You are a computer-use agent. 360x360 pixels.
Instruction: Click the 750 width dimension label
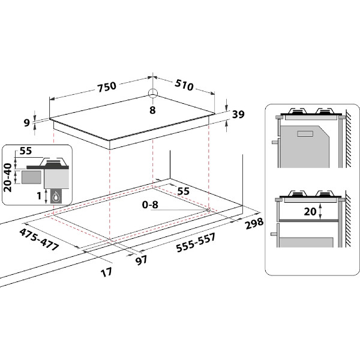[x=107, y=87]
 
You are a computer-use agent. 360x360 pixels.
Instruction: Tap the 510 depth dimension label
[x=184, y=85]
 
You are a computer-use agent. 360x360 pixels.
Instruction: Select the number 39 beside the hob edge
[x=238, y=114]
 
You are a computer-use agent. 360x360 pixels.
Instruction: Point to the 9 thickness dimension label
[x=27, y=123]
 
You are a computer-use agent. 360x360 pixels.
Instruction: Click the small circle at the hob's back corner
[x=153, y=93]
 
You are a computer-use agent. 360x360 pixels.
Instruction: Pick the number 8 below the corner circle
[x=152, y=110]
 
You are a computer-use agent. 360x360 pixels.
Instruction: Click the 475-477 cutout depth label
[x=39, y=239]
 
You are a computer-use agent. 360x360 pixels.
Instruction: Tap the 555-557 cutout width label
[x=196, y=242]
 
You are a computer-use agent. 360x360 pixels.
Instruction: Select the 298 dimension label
[x=254, y=223]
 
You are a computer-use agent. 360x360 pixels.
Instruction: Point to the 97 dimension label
[x=141, y=260]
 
